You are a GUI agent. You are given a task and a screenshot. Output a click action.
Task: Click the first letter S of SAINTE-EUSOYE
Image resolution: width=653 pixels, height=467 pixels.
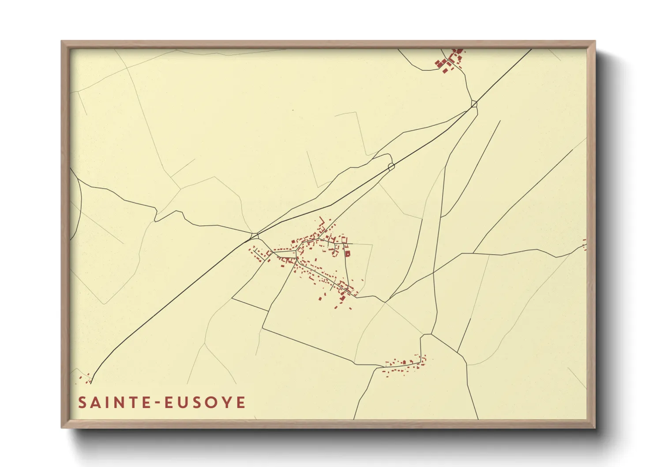click(x=83, y=403)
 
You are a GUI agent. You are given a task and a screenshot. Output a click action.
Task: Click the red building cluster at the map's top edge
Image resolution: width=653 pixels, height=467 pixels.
click(x=450, y=61)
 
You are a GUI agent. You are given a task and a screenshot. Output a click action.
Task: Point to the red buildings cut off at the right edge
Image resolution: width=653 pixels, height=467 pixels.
click(x=585, y=245)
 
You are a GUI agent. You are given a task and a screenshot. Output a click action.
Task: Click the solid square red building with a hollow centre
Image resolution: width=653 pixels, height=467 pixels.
click(x=347, y=254)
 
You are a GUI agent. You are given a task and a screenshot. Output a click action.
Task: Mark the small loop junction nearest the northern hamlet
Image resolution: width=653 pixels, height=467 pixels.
click(x=474, y=104)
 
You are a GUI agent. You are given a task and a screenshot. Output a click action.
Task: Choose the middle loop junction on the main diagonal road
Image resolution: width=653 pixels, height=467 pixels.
click(x=391, y=166)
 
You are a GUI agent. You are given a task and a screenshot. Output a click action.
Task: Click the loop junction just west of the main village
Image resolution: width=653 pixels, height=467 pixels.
click(x=254, y=236)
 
